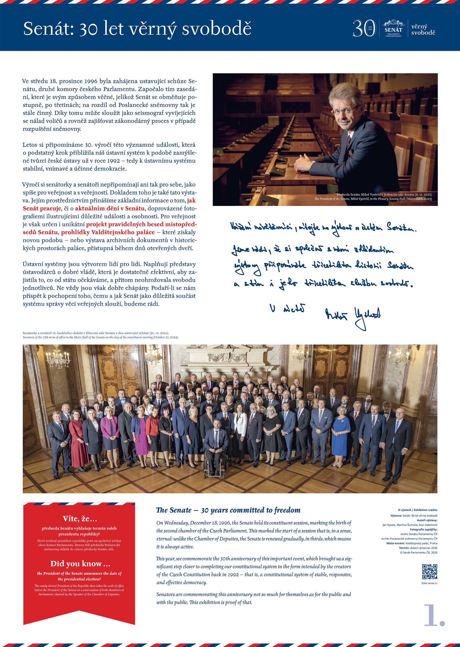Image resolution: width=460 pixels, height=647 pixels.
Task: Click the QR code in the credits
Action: point(429,572)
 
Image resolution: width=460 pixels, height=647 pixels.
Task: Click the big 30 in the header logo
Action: point(364,28)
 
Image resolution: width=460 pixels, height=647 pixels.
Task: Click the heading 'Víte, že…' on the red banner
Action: point(80,518)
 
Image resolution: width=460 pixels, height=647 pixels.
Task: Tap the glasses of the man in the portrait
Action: point(344,110)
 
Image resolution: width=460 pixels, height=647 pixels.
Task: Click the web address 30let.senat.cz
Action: point(429,583)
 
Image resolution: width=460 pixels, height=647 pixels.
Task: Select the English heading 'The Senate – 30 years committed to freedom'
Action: point(228,510)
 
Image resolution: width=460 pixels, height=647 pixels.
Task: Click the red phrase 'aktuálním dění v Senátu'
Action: point(110,209)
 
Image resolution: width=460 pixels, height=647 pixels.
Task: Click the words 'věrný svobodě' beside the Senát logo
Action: point(423,30)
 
